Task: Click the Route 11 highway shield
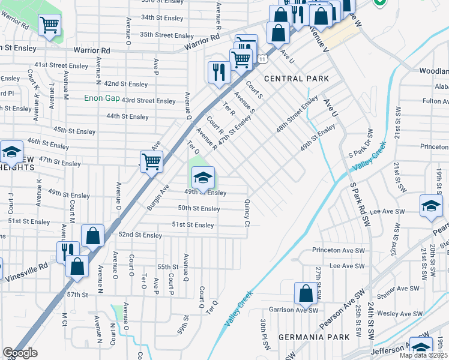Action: coord(263,57)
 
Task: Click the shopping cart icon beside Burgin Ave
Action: coord(151,160)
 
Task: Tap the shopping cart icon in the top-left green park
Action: coord(49,25)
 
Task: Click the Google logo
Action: coord(20,353)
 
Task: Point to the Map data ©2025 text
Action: coord(423,355)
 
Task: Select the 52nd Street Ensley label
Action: coord(140,235)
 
